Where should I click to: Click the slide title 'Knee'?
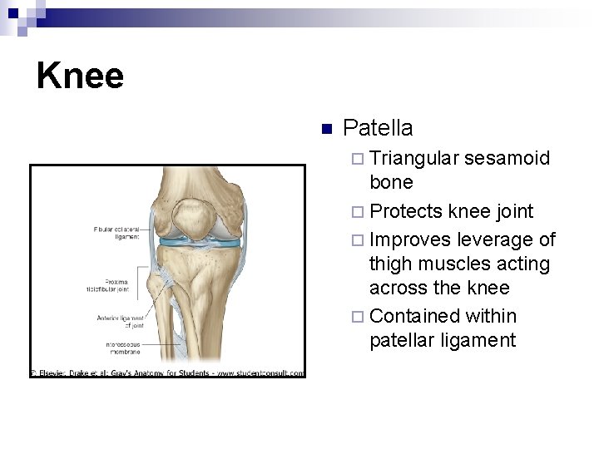click(80, 76)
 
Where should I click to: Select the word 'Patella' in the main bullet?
click(378, 128)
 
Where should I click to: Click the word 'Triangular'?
click(413, 158)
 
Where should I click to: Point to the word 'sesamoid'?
click(507, 158)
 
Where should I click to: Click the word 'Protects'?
click(405, 211)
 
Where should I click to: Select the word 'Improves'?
click(407, 239)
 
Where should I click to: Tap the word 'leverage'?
click(492, 239)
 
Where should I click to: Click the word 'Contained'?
click(413, 316)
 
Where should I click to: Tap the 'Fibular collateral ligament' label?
click(116, 232)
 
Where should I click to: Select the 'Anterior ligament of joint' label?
click(121, 322)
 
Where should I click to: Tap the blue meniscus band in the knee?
click(200, 243)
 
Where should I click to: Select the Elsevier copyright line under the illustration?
click(167, 373)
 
